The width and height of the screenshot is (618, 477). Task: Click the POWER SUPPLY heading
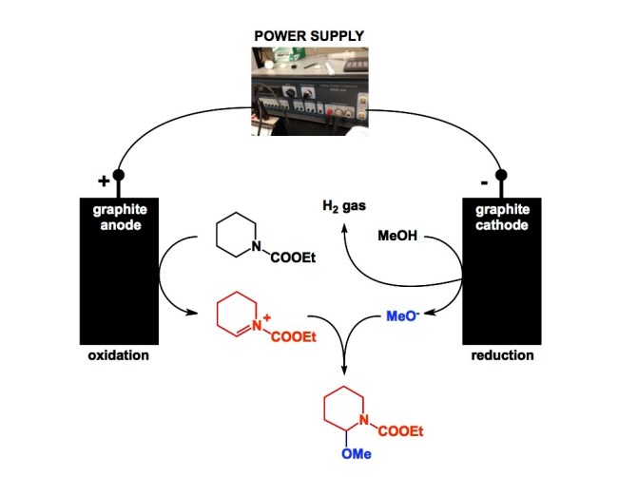coord(308,35)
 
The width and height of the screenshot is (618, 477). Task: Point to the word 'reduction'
coord(501,356)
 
